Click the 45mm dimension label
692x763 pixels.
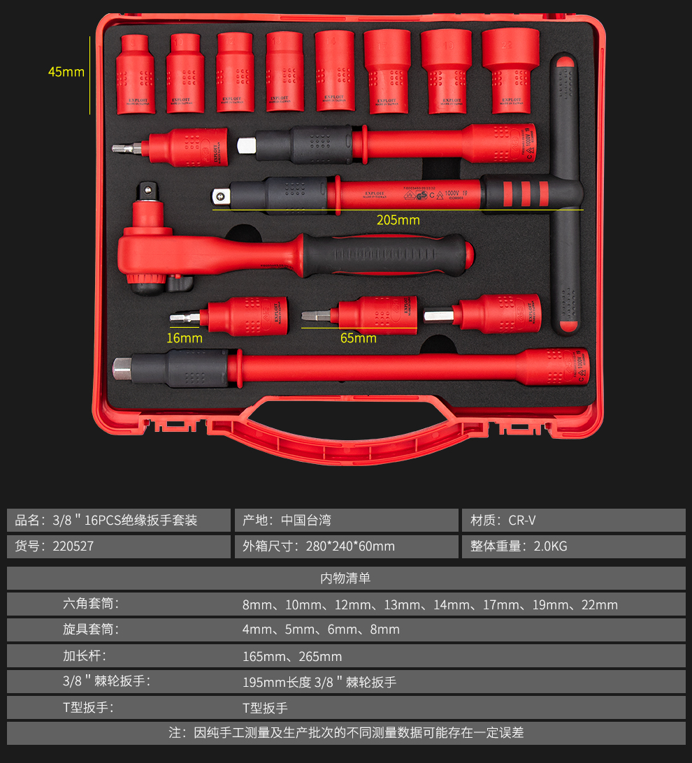click(66, 71)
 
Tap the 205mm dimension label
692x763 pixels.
click(398, 220)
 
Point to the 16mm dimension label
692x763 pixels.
click(185, 338)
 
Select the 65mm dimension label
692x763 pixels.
click(358, 338)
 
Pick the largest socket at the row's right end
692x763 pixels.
click(506, 69)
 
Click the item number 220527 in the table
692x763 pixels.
click(73, 546)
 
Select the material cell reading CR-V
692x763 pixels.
click(522, 521)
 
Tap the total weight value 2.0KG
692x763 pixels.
click(550, 546)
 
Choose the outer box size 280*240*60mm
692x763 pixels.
click(350, 546)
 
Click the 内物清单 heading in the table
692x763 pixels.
click(345, 578)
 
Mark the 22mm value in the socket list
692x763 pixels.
click(599, 604)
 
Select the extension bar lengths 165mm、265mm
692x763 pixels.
click(292, 656)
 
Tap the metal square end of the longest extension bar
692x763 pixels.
click(122, 368)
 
